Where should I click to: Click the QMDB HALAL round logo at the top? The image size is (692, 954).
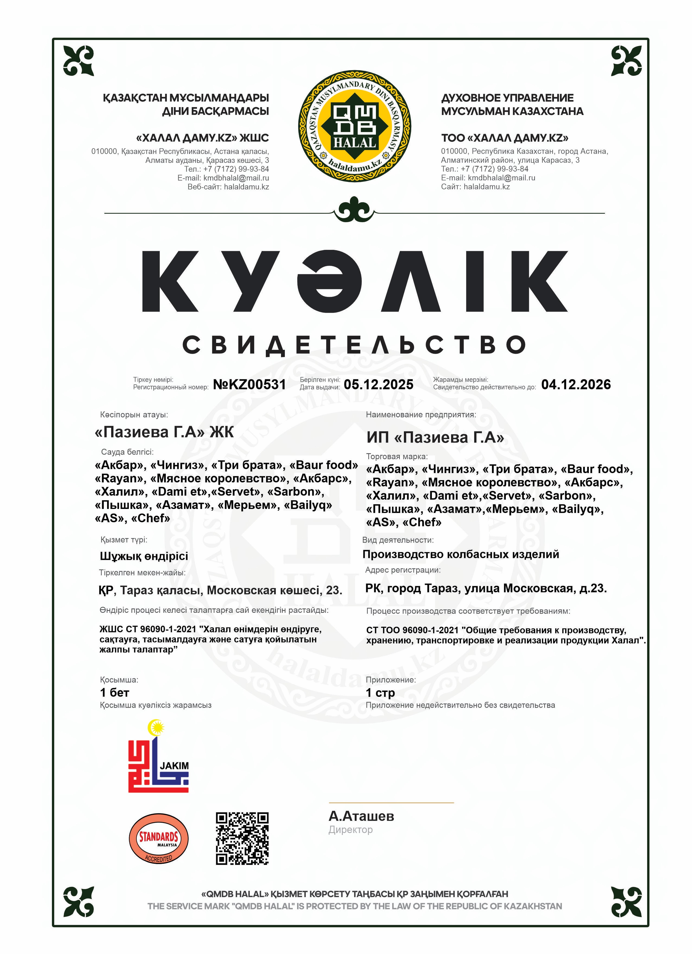click(x=354, y=126)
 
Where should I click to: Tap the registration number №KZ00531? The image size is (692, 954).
click(x=249, y=384)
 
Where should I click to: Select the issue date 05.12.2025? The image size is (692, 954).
click(x=378, y=384)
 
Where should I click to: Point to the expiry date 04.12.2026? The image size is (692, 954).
click(x=576, y=384)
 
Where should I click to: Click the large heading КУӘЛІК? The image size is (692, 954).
click(x=354, y=281)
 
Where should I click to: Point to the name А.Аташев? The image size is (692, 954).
click(x=361, y=816)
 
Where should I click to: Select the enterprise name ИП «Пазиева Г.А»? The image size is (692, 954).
click(x=435, y=437)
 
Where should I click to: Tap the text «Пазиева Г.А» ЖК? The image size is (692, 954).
click(x=164, y=432)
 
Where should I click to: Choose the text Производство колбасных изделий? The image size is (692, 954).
click(x=460, y=554)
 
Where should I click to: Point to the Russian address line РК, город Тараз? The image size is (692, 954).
click(x=486, y=588)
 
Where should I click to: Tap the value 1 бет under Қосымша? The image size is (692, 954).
click(x=114, y=692)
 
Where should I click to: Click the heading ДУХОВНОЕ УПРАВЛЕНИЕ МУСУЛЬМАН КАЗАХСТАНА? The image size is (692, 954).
click(x=512, y=104)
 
